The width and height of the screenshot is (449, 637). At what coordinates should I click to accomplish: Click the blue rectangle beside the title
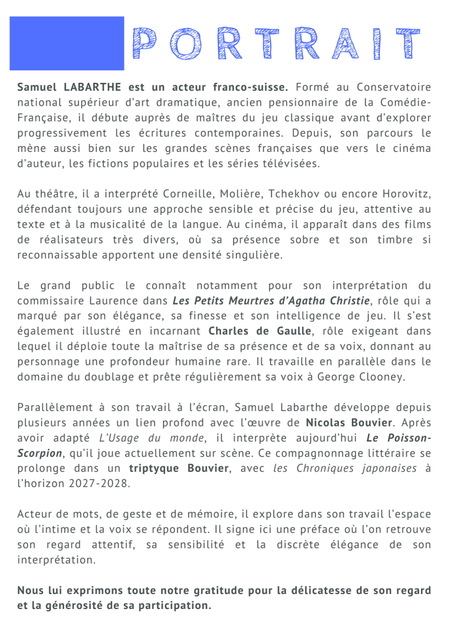[x=67, y=43]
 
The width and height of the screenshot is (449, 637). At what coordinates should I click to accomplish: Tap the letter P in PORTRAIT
[x=145, y=44]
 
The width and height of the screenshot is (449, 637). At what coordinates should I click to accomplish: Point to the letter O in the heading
[x=184, y=44]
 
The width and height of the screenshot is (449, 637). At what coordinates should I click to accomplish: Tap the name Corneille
[x=185, y=195]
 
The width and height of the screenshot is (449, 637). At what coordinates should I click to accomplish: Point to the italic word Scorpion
[x=40, y=452]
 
